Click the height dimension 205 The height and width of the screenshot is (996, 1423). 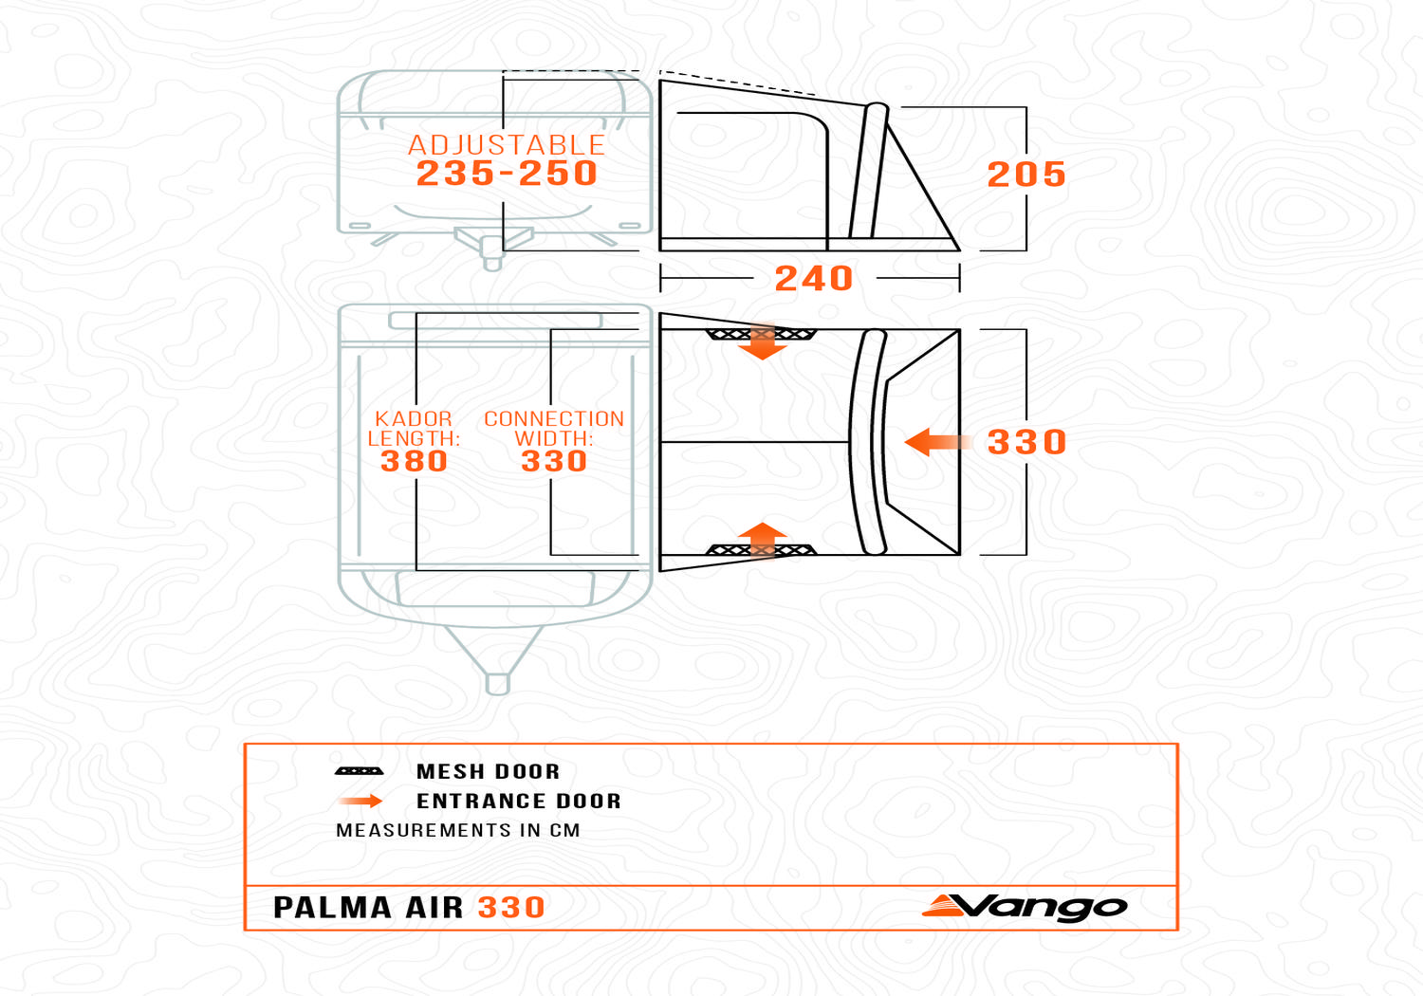click(1026, 174)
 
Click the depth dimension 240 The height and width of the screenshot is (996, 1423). click(814, 278)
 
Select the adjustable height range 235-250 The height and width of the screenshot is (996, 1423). click(507, 173)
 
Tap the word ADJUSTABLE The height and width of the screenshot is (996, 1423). click(507, 145)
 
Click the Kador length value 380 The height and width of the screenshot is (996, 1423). click(415, 461)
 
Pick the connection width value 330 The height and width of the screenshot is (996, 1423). click(554, 461)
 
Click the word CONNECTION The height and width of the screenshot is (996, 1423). click(554, 418)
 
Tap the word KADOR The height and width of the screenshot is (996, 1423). click(414, 418)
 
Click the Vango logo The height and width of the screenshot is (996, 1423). click(1025, 907)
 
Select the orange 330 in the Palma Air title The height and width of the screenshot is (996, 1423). click(511, 907)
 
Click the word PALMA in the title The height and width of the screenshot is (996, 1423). click(332, 907)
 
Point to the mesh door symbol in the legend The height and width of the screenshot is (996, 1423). click(359, 771)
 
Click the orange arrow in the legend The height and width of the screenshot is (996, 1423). click(360, 801)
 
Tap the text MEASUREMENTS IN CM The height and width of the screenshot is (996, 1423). click(458, 830)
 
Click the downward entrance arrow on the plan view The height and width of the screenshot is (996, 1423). click(763, 341)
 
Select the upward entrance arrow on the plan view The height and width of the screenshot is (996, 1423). click(763, 541)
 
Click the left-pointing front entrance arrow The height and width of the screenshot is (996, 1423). click(937, 442)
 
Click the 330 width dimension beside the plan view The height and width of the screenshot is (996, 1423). click(1026, 442)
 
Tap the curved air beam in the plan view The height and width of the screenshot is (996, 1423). click(867, 442)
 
